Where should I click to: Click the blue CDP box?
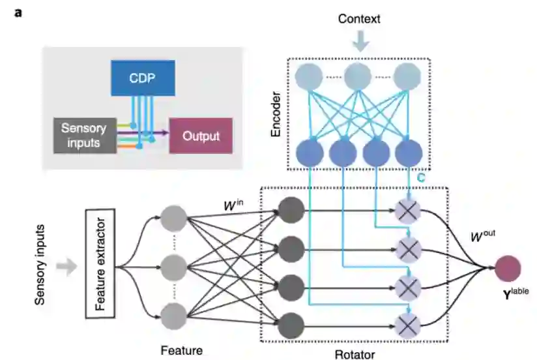pos(143,78)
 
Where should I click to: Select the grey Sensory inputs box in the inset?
pos(83,134)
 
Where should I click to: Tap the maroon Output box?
pos(201,136)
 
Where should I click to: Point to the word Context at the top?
pos(360,19)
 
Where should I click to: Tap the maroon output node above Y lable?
pos(507,267)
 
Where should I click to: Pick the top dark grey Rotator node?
pos(291,211)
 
